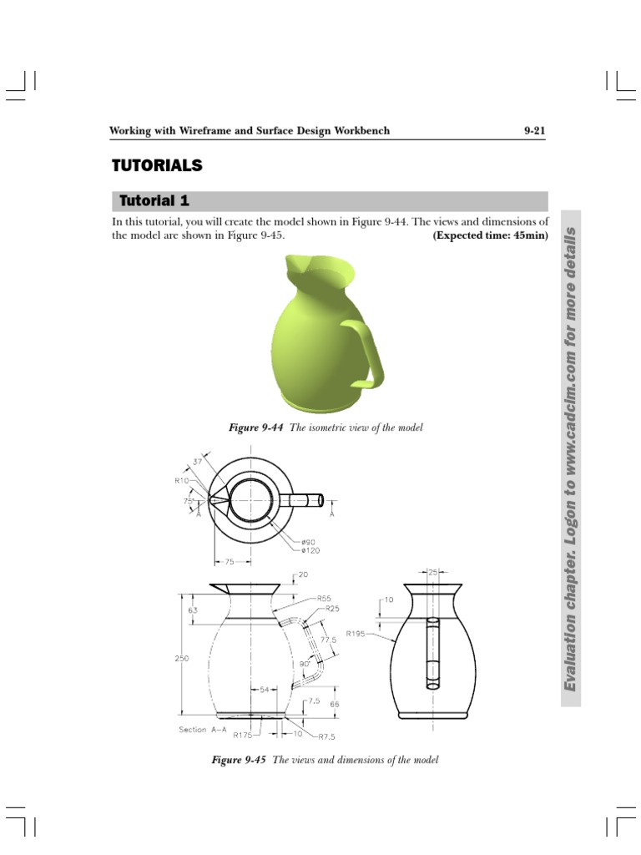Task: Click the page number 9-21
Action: pyautogui.click(x=533, y=131)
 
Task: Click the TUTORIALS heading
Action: pyautogui.click(x=157, y=165)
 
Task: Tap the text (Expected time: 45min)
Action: pyautogui.click(x=490, y=235)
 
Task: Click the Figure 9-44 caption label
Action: pyautogui.click(x=257, y=427)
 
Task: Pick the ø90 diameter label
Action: pyautogui.click(x=308, y=541)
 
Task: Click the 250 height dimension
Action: pyautogui.click(x=182, y=658)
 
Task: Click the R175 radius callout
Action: pyautogui.click(x=243, y=736)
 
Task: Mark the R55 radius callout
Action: pyautogui.click(x=325, y=599)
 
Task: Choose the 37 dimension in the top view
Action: pyautogui.click(x=197, y=461)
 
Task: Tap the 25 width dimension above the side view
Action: pyautogui.click(x=432, y=574)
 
